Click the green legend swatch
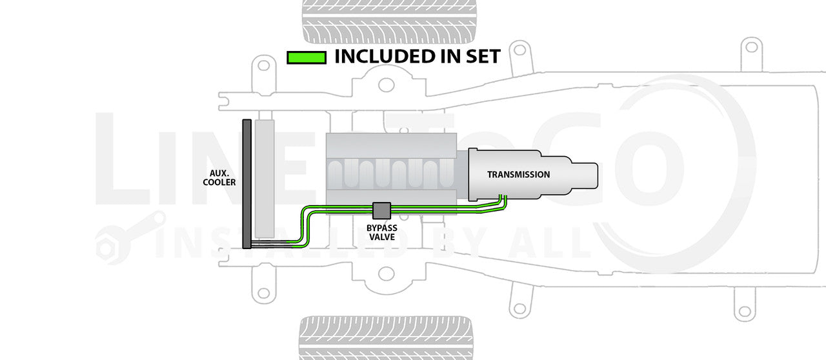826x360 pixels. (x=306, y=57)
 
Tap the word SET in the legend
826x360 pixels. (x=479, y=57)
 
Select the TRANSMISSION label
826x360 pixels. (x=518, y=175)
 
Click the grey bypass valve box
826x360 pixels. (x=382, y=210)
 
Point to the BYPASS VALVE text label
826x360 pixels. (x=382, y=233)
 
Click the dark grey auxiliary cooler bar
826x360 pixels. (x=247, y=183)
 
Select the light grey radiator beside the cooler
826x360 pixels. (x=265, y=177)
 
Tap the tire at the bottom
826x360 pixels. (x=386, y=337)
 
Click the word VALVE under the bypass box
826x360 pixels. (x=382, y=237)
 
